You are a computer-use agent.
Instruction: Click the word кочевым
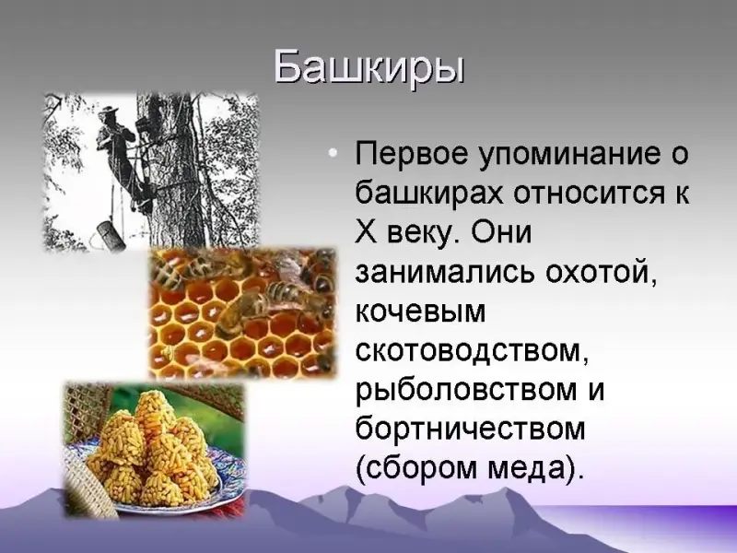pyautogui.click(x=420, y=311)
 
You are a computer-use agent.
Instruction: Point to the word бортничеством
pyautogui.click(x=471, y=428)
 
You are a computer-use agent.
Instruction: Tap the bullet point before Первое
pyautogui.click(x=333, y=152)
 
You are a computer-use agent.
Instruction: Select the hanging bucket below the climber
pyautogui.click(x=111, y=235)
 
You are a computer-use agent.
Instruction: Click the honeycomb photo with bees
pyautogui.click(x=242, y=313)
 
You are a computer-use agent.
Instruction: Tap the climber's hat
pyautogui.click(x=111, y=111)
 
